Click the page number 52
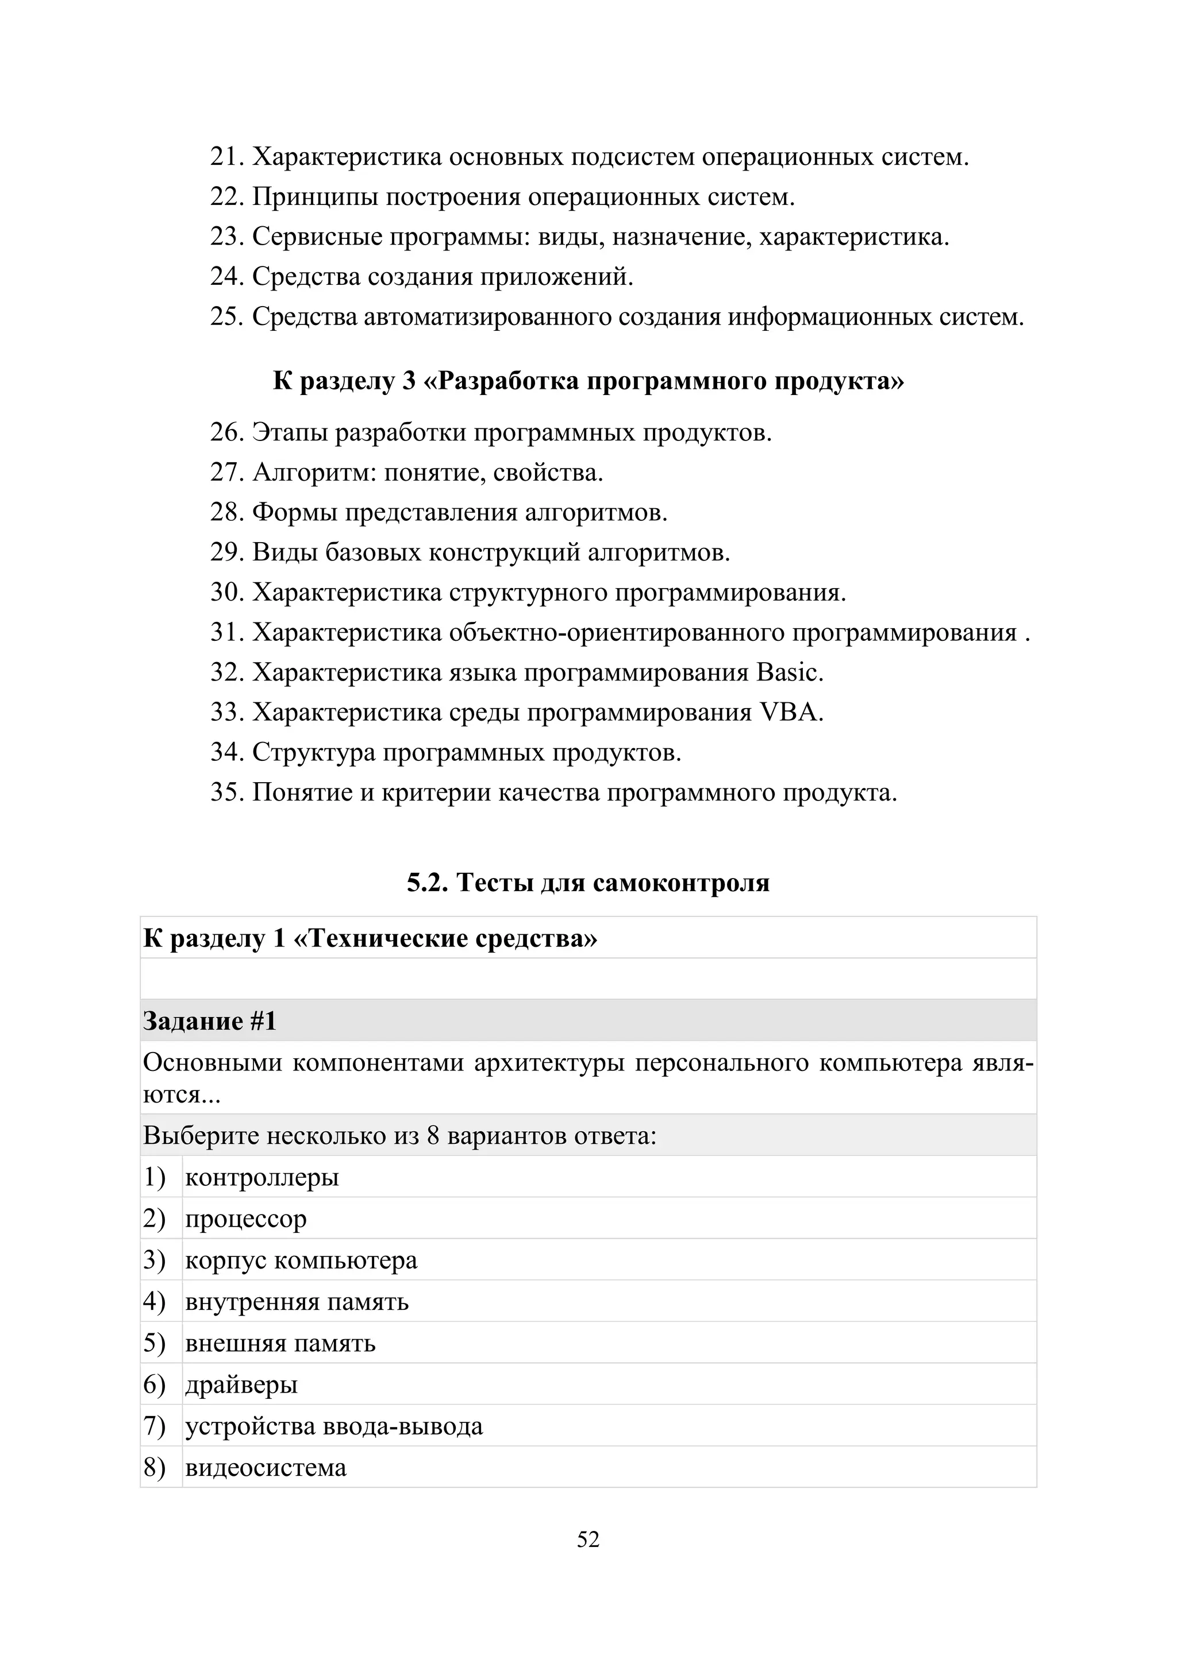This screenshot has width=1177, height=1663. [588, 1539]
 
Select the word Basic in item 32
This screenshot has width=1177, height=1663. [788, 673]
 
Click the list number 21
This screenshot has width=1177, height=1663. [228, 157]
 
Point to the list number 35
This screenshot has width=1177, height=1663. [228, 792]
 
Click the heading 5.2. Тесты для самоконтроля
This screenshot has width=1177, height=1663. [588, 882]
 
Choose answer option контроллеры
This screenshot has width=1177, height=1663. [261, 1177]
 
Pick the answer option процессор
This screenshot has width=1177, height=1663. [246, 1219]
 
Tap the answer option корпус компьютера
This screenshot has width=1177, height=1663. [301, 1260]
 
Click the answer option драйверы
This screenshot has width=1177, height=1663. [241, 1385]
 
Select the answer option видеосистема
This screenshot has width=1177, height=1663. [266, 1467]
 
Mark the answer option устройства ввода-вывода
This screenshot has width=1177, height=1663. [333, 1426]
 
